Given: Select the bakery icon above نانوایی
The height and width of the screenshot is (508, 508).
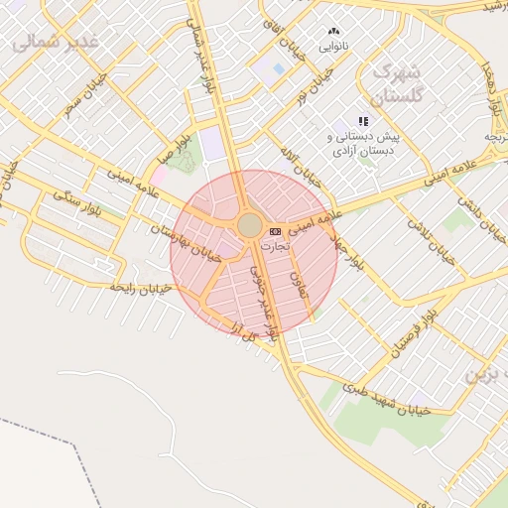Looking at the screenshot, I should pos(333,31).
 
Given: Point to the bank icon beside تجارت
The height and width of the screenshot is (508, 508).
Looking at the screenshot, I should pos(275,230).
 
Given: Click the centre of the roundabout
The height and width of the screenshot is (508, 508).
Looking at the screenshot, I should pos(250,225).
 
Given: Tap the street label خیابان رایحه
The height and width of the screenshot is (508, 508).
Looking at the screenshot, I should pos(141,288).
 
